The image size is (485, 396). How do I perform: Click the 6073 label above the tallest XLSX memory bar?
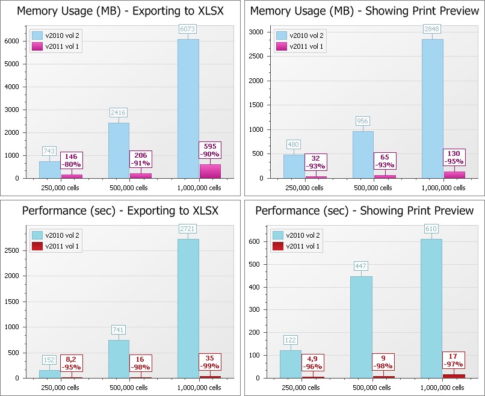pyautogui.click(x=188, y=29)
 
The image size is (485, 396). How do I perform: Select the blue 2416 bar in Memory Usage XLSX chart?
pyautogui.click(x=119, y=150)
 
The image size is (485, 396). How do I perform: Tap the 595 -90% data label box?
pyautogui.click(x=210, y=150)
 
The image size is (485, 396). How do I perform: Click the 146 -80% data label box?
pyautogui.click(x=71, y=160)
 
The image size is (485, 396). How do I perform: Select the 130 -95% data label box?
pyautogui.click(x=454, y=157)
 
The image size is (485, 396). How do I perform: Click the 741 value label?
pyautogui.click(x=119, y=330)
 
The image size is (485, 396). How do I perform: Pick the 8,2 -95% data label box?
pyautogui.click(x=71, y=363)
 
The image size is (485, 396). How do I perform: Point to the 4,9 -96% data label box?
pyautogui.click(x=312, y=363)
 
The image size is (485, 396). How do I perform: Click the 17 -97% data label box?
pyautogui.click(x=454, y=360)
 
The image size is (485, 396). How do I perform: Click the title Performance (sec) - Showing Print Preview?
pyautogui.click(x=364, y=211)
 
